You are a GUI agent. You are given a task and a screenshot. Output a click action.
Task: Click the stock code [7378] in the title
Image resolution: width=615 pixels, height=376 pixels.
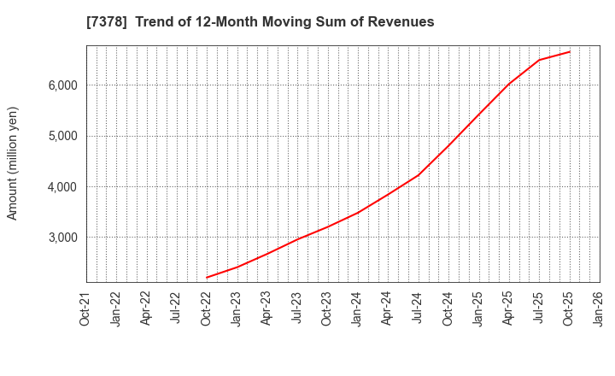point(106,22)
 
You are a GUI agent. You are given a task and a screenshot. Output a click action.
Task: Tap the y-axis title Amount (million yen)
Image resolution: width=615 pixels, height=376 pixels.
point(13,163)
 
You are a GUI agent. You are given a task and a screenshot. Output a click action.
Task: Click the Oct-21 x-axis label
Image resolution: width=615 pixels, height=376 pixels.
point(86,309)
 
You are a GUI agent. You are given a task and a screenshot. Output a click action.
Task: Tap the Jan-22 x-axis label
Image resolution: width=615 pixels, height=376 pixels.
point(116,309)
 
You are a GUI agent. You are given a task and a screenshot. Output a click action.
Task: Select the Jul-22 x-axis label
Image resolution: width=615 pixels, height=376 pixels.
point(177,309)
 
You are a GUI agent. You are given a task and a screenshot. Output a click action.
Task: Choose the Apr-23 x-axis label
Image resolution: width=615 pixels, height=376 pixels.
point(267,309)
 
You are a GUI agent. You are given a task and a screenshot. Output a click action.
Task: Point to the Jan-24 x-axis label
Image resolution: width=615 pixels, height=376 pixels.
point(358,309)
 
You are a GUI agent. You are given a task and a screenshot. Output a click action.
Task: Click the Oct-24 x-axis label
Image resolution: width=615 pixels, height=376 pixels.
point(448,309)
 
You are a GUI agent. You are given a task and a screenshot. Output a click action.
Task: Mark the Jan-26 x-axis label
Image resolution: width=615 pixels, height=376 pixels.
point(600,309)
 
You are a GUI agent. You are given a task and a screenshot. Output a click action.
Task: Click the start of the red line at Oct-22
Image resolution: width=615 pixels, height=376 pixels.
point(207,278)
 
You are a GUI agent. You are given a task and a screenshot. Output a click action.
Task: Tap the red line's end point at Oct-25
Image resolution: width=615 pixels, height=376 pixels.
point(570,51)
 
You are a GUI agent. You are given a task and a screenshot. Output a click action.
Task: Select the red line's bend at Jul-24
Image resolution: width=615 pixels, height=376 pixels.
point(418,175)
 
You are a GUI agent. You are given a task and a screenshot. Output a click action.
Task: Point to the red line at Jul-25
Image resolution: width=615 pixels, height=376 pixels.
point(539,60)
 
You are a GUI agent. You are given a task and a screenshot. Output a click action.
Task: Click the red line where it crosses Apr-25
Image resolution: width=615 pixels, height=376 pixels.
point(509,84)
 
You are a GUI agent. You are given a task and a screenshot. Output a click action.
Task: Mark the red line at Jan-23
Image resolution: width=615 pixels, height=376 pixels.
point(237,267)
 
